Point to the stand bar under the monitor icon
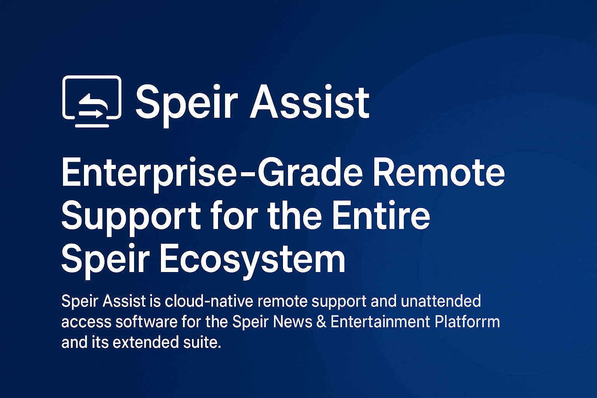[x=92, y=126]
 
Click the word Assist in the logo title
[x=310, y=101]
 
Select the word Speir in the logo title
[x=187, y=106]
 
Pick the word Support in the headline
[x=131, y=218]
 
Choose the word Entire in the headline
[x=381, y=215]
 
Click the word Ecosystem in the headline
[x=252, y=261]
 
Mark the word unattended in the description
[x=441, y=301]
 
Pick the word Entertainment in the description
[x=381, y=322]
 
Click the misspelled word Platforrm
[x=467, y=322]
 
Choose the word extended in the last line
[x=146, y=342]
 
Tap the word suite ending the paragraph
[x=202, y=342]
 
